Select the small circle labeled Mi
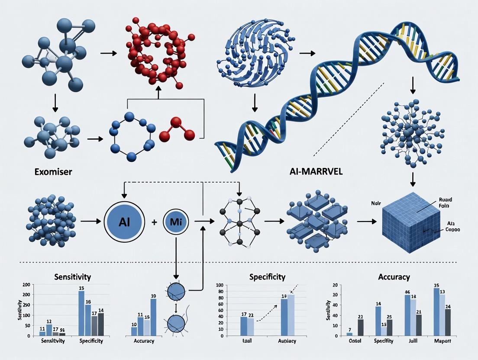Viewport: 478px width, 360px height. click(176, 221)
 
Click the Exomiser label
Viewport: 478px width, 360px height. click(54, 172)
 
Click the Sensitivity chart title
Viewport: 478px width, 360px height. click(73, 276)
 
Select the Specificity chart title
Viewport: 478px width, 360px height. click(267, 276)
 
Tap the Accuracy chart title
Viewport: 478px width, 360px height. click(394, 277)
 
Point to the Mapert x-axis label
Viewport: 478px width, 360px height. click(442, 341)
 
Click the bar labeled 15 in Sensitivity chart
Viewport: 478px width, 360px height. click(81, 313)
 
